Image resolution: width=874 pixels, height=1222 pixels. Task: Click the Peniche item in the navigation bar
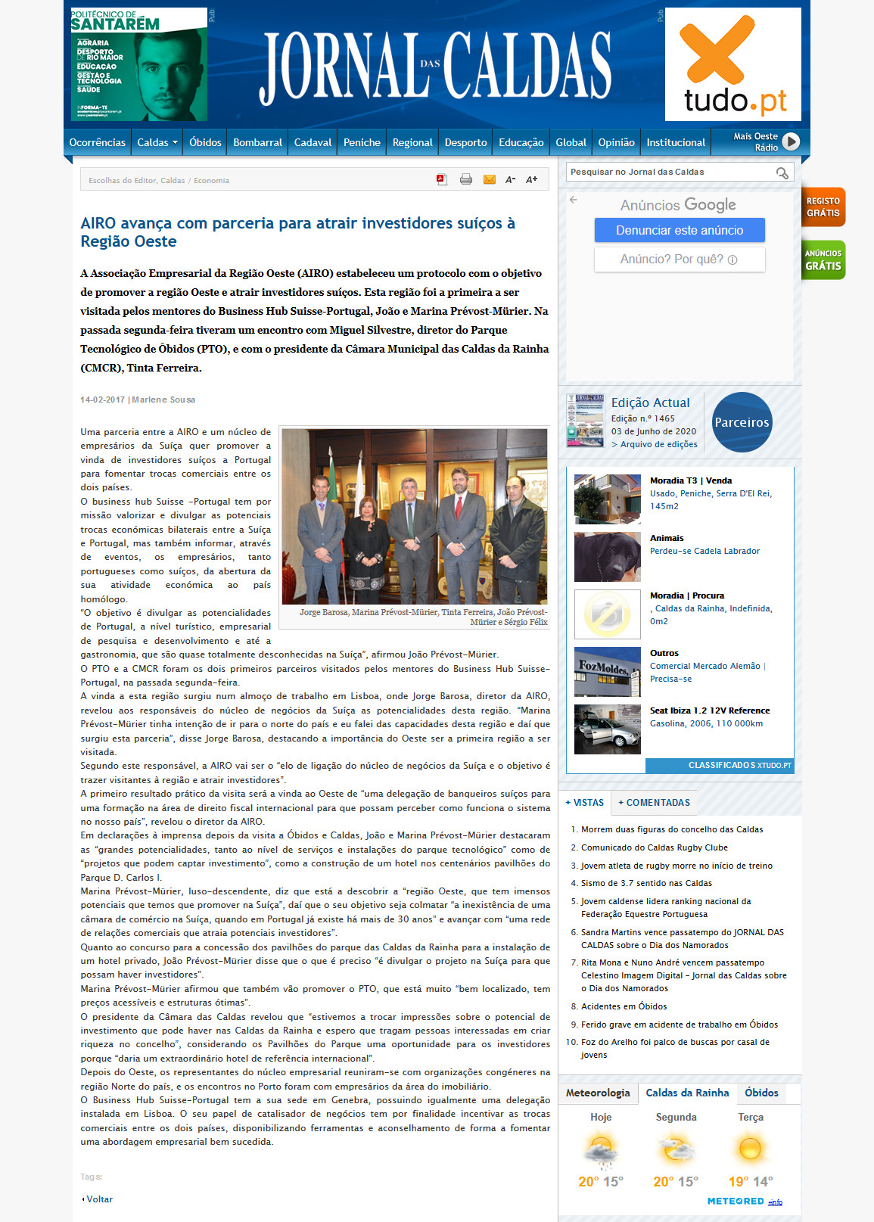tap(362, 142)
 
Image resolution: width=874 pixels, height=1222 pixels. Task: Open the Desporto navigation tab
tap(465, 142)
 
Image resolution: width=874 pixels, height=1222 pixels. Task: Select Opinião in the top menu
tap(616, 142)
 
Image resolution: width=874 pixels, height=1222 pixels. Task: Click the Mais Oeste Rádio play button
tap(791, 141)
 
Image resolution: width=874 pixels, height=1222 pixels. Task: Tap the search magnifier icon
tap(782, 173)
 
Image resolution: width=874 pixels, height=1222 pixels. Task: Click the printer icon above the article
tap(466, 179)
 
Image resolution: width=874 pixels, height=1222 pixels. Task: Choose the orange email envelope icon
tap(490, 179)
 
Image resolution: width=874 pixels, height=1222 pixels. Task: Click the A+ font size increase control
tap(532, 179)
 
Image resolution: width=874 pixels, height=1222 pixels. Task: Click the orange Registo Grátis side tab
tap(823, 207)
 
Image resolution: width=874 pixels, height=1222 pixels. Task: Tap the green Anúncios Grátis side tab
tap(823, 260)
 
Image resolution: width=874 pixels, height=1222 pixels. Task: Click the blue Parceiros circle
tap(742, 422)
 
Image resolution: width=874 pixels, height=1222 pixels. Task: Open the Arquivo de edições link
tap(658, 444)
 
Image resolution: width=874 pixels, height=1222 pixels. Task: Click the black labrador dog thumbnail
tap(607, 556)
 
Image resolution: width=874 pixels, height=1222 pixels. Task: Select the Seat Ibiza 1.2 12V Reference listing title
tap(709, 711)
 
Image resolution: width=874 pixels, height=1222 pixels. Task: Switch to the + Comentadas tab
tap(654, 803)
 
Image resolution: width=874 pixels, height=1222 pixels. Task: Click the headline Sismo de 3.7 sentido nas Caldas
tap(646, 883)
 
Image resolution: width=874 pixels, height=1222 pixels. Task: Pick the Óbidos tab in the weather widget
tap(760, 1093)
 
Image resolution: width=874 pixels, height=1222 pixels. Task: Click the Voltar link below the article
tap(98, 1199)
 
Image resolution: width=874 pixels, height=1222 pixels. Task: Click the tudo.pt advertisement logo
tap(732, 64)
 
